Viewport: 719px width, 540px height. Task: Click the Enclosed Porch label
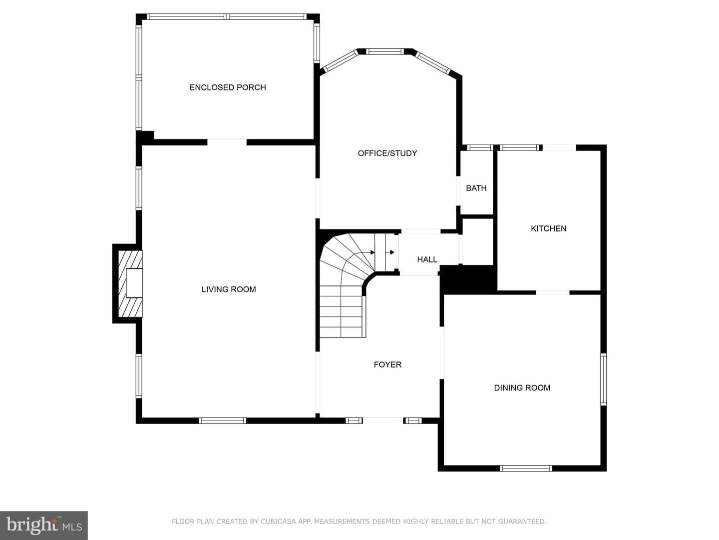(228, 87)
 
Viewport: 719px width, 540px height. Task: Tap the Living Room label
(229, 289)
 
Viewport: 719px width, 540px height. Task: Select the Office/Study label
(387, 153)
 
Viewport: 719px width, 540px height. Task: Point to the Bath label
(476, 188)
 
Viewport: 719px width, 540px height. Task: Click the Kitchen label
(549, 228)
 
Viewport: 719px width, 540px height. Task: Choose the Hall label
(427, 259)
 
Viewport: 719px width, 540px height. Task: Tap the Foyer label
(387, 364)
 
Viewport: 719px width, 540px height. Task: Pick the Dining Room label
(522, 387)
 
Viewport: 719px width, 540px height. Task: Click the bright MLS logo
(44, 525)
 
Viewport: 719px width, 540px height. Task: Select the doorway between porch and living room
(227, 142)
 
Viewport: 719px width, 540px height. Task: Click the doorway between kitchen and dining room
(553, 292)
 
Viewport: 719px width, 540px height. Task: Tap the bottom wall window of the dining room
(526, 468)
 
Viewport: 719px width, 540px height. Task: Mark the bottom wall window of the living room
(222, 420)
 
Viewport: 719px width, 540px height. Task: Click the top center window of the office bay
(384, 51)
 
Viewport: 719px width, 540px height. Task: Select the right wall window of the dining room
(603, 379)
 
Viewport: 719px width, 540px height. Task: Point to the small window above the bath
(480, 147)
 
